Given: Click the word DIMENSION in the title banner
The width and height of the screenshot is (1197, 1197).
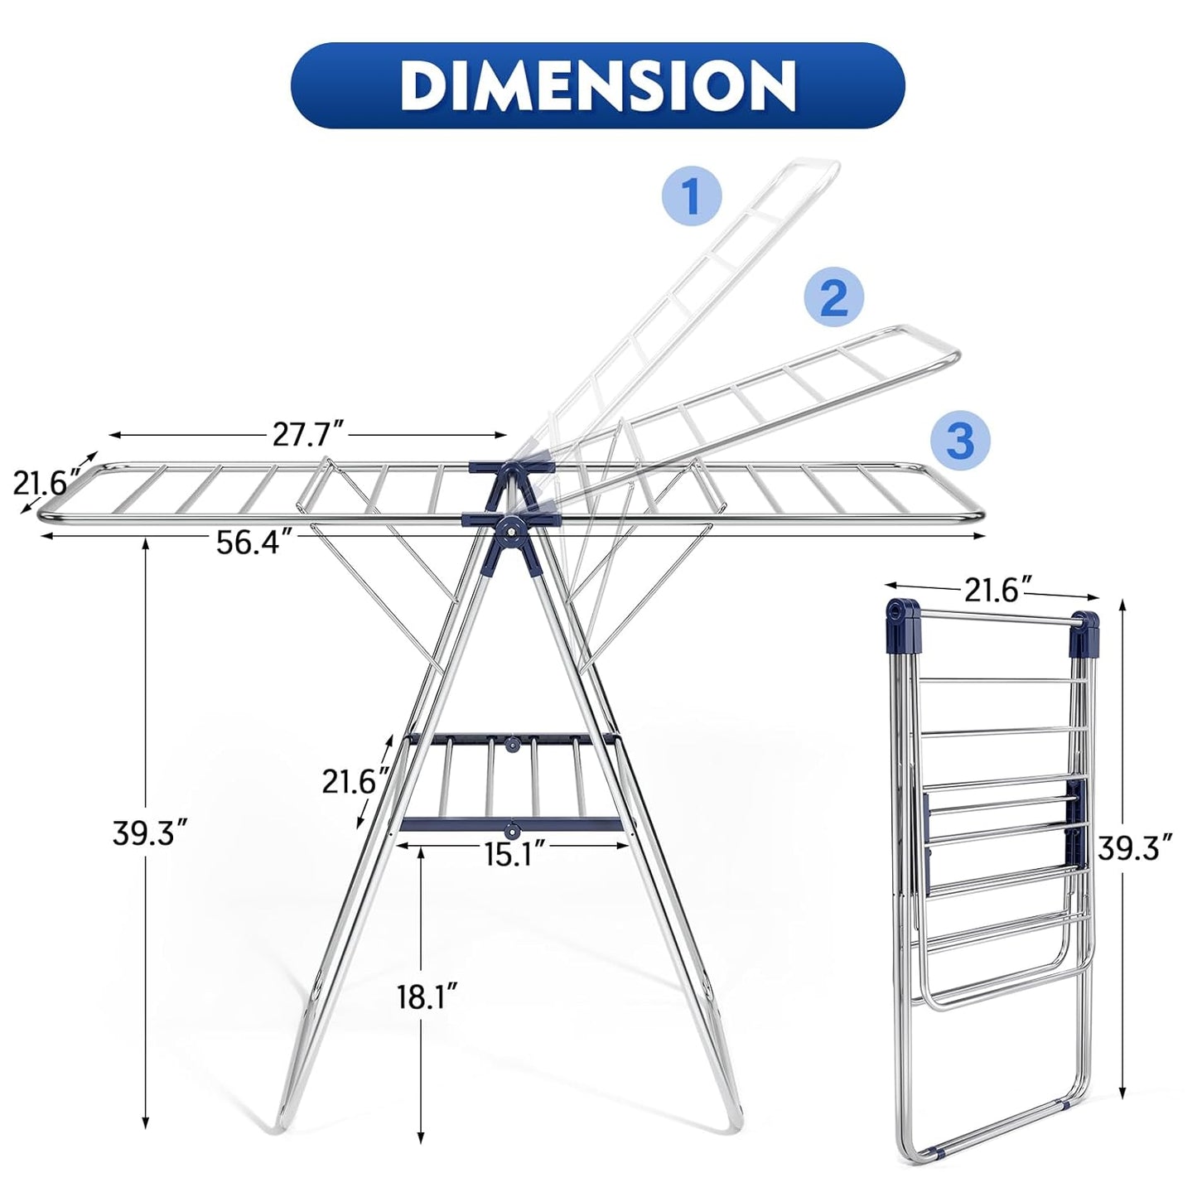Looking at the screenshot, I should [597, 84].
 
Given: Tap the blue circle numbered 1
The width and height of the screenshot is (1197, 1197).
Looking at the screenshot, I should [692, 196].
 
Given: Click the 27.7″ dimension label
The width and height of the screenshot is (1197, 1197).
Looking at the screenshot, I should [308, 434].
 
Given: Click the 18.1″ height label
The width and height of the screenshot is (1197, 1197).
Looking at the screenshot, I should [427, 996].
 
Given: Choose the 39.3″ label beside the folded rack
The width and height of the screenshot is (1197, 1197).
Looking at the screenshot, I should [1135, 846].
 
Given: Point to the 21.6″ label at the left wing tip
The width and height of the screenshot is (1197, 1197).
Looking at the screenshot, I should [47, 481].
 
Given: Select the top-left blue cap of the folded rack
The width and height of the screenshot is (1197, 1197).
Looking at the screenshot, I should [902, 614].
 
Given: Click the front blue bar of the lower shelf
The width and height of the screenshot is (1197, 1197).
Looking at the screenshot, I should [511, 825].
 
